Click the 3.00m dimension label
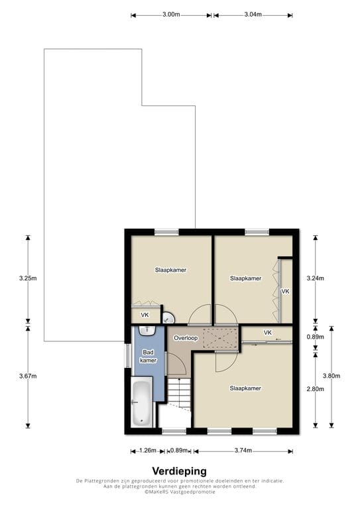[x=171, y=15]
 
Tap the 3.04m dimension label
[x=253, y=15]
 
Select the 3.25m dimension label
[x=28, y=278]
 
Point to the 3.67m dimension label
[x=28, y=376]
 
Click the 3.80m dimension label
[x=331, y=376]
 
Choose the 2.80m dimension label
[x=315, y=389]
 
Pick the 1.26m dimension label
[x=148, y=451]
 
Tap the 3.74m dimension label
[x=243, y=451]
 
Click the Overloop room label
[x=186, y=338]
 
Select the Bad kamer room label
[x=148, y=356]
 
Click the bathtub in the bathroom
[x=142, y=402]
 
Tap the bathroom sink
[x=147, y=331]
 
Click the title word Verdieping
[x=179, y=471]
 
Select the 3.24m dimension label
[x=315, y=278]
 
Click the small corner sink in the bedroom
[x=168, y=318]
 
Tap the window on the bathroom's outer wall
[x=128, y=356]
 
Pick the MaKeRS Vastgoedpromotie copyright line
[x=180, y=492]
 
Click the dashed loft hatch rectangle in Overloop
[x=220, y=338]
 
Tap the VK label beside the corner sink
[x=145, y=315]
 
